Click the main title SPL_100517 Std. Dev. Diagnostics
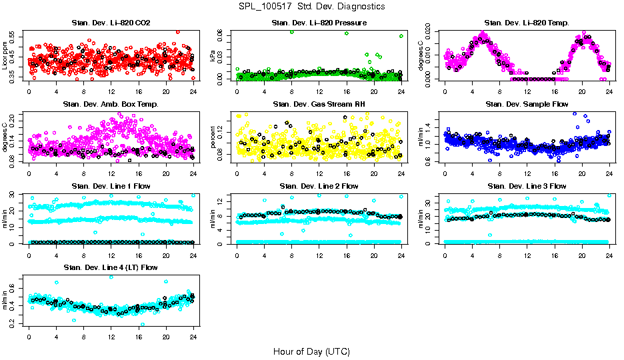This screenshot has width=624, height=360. [x=311, y=7]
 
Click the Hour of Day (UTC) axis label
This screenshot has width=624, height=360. [x=311, y=351]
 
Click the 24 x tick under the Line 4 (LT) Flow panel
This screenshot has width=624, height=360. [x=193, y=336]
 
